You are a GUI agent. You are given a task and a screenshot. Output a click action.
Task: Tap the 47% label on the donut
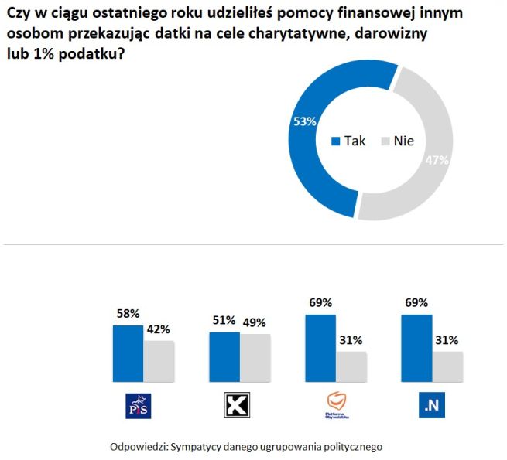[x=437, y=160]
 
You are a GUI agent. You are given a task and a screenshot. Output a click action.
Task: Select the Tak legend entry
[x=349, y=141]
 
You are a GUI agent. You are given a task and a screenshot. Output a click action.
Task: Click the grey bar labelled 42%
[x=158, y=358]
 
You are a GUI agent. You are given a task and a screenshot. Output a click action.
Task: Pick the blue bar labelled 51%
[x=224, y=355]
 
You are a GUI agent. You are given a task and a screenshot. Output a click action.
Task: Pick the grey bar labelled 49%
[x=255, y=356]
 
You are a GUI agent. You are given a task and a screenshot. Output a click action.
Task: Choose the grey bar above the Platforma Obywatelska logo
[x=351, y=364]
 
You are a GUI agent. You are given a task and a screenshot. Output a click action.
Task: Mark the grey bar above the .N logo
[x=447, y=364]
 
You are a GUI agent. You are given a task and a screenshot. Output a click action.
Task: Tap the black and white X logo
[x=235, y=405]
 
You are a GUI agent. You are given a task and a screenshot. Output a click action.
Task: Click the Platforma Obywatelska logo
[x=336, y=405]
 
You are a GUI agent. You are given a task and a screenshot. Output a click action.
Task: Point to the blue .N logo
[x=430, y=405]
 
